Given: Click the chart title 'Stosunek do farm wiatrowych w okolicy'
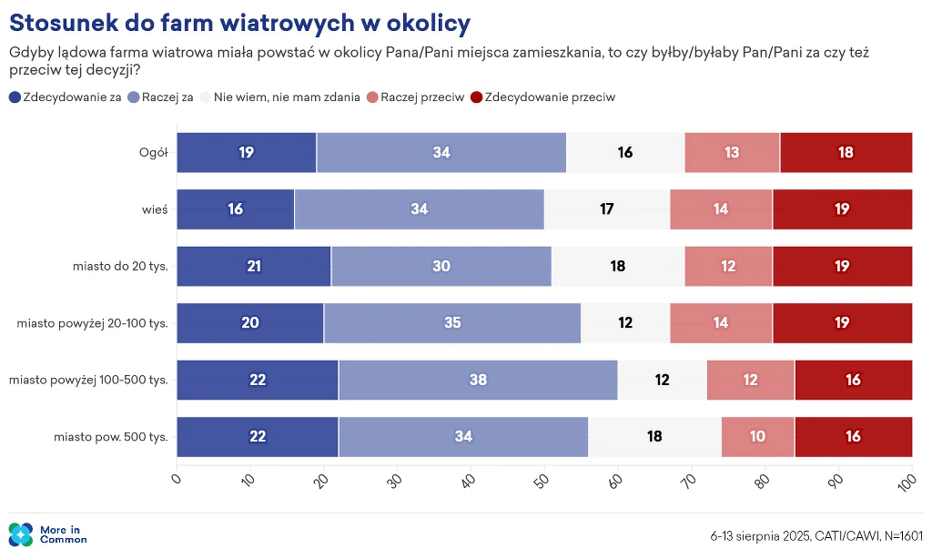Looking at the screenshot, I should pyautogui.click(x=240, y=22).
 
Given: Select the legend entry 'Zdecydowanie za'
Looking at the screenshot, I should pyautogui.click(x=65, y=97).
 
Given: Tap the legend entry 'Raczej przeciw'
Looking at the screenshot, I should pyautogui.click(x=416, y=97).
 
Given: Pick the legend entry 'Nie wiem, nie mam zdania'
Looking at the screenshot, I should pyautogui.click(x=279, y=97).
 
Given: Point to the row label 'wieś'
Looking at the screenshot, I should pyautogui.click(x=156, y=209).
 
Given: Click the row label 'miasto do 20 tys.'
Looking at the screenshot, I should pyautogui.click(x=120, y=266).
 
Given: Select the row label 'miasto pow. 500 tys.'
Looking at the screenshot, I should pyautogui.click(x=111, y=437).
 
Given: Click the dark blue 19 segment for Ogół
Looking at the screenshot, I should pyautogui.click(x=247, y=152).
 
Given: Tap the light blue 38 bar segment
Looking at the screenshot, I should pyautogui.click(x=478, y=380).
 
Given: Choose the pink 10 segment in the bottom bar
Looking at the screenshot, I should pyautogui.click(x=758, y=437).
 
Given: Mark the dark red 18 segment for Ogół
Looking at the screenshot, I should pyautogui.click(x=846, y=152).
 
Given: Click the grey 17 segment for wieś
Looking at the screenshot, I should pyautogui.click(x=607, y=209).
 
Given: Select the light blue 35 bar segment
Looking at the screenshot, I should pyautogui.click(x=452, y=323).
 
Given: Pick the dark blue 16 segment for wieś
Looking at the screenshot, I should pyautogui.click(x=236, y=209).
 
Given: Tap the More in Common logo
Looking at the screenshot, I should pyautogui.click(x=47, y=534).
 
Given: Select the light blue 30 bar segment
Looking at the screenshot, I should pyautogui.click(x=441, y=266).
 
